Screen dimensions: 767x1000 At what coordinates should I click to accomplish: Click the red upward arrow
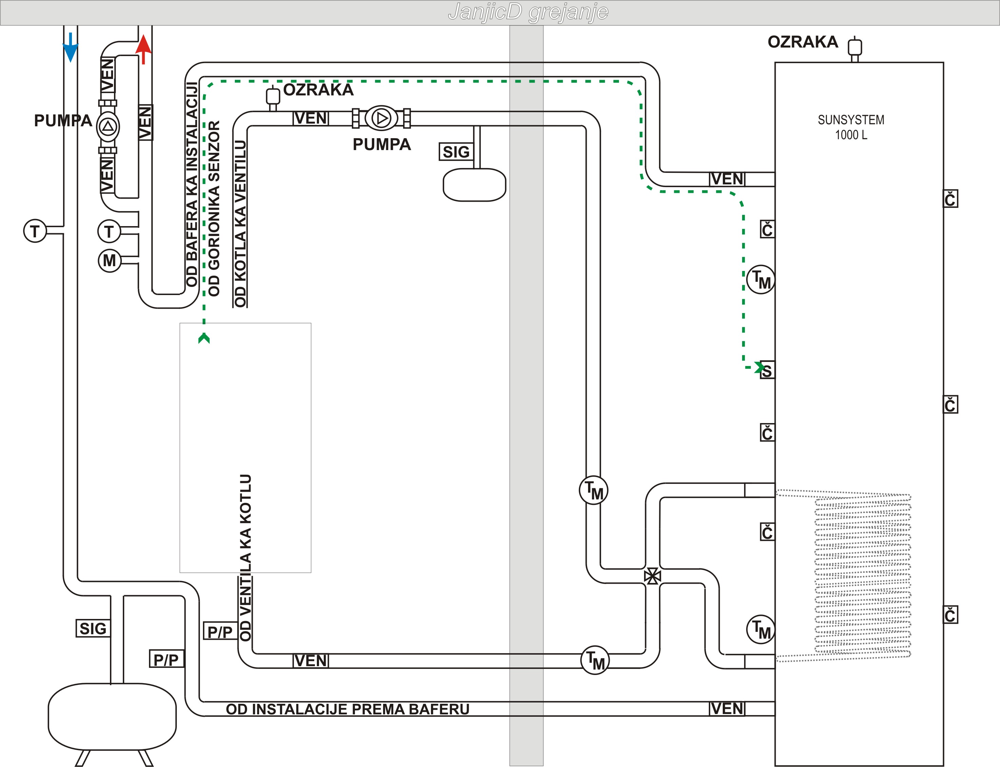[143, 49]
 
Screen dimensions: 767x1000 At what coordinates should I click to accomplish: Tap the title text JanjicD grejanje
[528, 12]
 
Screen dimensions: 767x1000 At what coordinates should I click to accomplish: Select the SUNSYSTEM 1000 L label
[851, 127]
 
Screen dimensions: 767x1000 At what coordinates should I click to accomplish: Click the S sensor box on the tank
[767, 371]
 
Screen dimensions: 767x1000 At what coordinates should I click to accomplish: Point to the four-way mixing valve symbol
[653, 576]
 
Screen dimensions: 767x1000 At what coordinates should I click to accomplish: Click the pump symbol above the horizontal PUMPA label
[381, 118]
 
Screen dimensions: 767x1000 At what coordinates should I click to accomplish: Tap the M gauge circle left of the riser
[110, 261]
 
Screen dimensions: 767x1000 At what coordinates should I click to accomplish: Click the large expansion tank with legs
[112, 717]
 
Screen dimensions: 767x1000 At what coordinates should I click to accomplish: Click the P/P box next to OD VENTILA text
[220, 632]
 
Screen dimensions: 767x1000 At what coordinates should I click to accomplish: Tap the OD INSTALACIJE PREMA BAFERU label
[347, 709]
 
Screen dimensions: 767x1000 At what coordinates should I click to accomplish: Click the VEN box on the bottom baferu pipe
[727, 709]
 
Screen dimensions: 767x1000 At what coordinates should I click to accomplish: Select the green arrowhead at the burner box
[204, 338]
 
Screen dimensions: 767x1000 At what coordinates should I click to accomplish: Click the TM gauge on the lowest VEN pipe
[595, 660]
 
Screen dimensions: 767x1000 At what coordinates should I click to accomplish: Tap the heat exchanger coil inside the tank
[862, 575]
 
